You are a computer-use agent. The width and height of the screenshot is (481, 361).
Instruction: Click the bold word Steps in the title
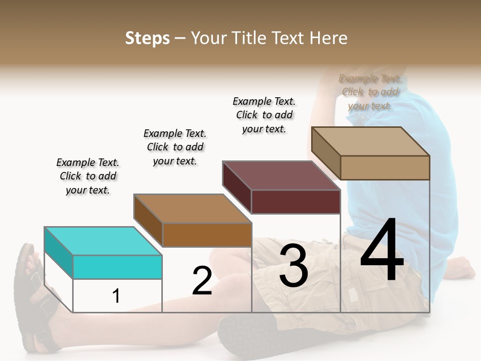[x=147, y=38]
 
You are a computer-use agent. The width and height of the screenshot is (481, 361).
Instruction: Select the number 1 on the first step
[x=116, y=296]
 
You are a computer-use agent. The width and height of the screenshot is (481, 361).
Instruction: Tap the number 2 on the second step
[x=202, y=281]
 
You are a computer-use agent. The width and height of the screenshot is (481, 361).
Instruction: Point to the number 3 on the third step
[x=293, y=266]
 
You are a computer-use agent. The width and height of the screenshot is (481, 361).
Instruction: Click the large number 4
[x=382, y=251]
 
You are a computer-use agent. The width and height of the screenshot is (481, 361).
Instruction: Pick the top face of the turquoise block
[x=103, y=241]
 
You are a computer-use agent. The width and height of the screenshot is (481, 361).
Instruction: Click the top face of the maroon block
[x=282, y=175]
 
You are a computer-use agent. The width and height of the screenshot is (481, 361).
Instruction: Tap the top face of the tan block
[x=370, y=141]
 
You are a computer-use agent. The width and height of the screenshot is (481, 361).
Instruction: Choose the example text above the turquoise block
[x=88, y=176]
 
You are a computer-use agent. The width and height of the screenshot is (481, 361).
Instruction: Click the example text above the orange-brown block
[x=175, y=147]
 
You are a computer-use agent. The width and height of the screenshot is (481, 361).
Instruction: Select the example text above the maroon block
[x=264, y=115]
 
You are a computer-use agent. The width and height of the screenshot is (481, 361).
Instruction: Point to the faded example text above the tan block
[x=370, y=92]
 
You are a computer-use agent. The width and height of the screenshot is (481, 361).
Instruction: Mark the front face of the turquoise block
[x=117, y=267]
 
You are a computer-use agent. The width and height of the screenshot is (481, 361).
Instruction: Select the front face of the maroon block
[x=296, y=202]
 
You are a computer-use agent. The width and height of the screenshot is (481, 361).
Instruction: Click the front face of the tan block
[x=385, y=167]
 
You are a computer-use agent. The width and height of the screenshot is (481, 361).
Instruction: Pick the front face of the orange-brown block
[x=206, y=235]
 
